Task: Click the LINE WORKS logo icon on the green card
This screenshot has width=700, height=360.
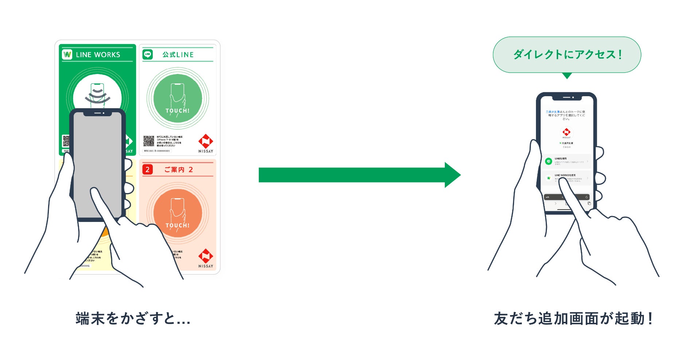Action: [67, 54]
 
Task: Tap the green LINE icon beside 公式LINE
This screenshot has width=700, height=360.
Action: [147, 54]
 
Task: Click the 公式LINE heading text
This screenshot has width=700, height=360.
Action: [178, 55]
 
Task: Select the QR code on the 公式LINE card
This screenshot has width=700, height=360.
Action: [149, 141]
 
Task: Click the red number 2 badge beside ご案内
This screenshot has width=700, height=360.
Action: [147, 169]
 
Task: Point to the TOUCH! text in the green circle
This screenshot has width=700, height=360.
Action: [178, 110]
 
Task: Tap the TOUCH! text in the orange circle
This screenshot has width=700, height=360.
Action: [178, 225]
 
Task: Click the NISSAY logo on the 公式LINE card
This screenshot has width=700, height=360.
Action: [206, 143]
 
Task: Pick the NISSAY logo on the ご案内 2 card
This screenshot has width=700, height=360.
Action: [206, 258]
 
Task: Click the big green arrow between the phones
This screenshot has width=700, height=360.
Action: [359, 175]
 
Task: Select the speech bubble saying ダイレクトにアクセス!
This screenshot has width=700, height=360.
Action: [567, 55]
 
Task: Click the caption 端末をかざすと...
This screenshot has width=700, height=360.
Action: [133, 318]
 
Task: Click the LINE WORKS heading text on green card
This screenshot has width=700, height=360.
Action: [98, 55]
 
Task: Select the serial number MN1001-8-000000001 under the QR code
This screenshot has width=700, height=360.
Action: [157, 150]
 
